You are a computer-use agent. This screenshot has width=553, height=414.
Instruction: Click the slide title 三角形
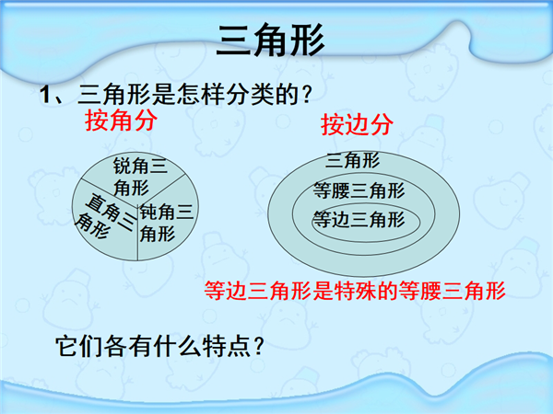[270, 40]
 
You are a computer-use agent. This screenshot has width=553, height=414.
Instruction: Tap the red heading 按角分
[121, 120]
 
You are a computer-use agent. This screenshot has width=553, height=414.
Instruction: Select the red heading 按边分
[357, 124]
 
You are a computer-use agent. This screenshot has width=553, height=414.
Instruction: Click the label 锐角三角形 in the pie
[140, 177]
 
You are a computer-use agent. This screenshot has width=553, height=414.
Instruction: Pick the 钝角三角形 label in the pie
[167, 223]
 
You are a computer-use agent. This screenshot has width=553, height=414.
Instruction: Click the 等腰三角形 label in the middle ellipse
[359, 191]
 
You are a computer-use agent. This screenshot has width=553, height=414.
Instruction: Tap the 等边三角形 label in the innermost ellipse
[359, 220]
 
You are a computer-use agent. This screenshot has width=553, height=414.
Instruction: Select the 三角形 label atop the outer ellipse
[352, 160]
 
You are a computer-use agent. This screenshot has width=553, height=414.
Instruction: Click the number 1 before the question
[45, 95]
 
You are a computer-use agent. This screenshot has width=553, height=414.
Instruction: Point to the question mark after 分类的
[307, 95]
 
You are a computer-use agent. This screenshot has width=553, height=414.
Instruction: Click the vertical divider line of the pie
[137, 234]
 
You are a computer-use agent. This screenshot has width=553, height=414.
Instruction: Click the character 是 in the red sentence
[324, 291]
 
